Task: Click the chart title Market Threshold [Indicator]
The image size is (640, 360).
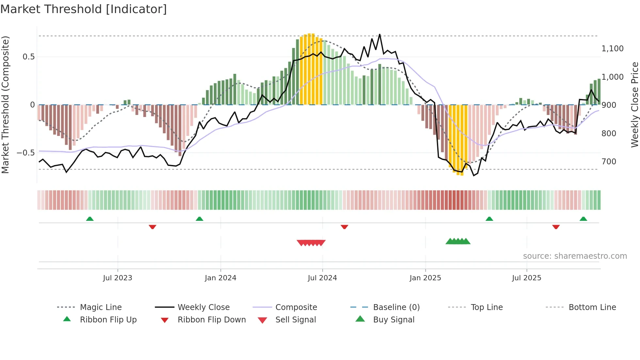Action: pyautogui.click(x=84, y=9)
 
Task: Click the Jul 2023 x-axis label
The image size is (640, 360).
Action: pyautogui.click(x=118, y=278)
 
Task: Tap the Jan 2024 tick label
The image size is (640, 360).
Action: pyautogui.click(x=220, y=278)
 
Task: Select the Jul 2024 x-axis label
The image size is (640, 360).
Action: pyautogui.click(x=322, y=278)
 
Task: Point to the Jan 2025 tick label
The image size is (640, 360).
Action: pyautogui.click(x=425, y=278)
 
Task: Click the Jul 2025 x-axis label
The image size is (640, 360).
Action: pyautogui.click(x=526, y=278)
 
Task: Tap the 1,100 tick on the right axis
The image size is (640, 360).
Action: pyautogui.click(x=613, y=49)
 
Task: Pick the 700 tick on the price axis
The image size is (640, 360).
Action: pyautogui.click(x=609, y=162)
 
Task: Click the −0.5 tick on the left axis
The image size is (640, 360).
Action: pyautogui.click(x=25, y=153)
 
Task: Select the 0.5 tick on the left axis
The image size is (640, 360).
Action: pyautogui.click(x=28, y=57)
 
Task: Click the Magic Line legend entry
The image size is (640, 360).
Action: pyautogui.click(x=101, y=307)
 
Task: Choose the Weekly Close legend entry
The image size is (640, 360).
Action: pyautogui.click(x=203, y=307)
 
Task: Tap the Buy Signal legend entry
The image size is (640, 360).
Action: pyautogui.click(x=393, y=320)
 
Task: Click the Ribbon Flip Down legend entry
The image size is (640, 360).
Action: pyautogui.click(x=211, y=320)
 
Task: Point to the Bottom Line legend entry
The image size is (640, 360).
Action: pyautogui.click(x=592, y=307)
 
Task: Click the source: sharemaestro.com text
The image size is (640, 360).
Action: pyautogui.click(x=575, y=256)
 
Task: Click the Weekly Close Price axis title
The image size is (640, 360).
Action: pyautogui.click(x=634, y=105)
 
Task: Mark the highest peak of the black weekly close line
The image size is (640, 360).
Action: pyautogui.click(x=379, y=34)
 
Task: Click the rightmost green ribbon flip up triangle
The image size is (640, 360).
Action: pyautogui.click(x=583, y=219)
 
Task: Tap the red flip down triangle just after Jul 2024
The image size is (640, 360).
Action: pyautogui.click(x=344, y=227)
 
